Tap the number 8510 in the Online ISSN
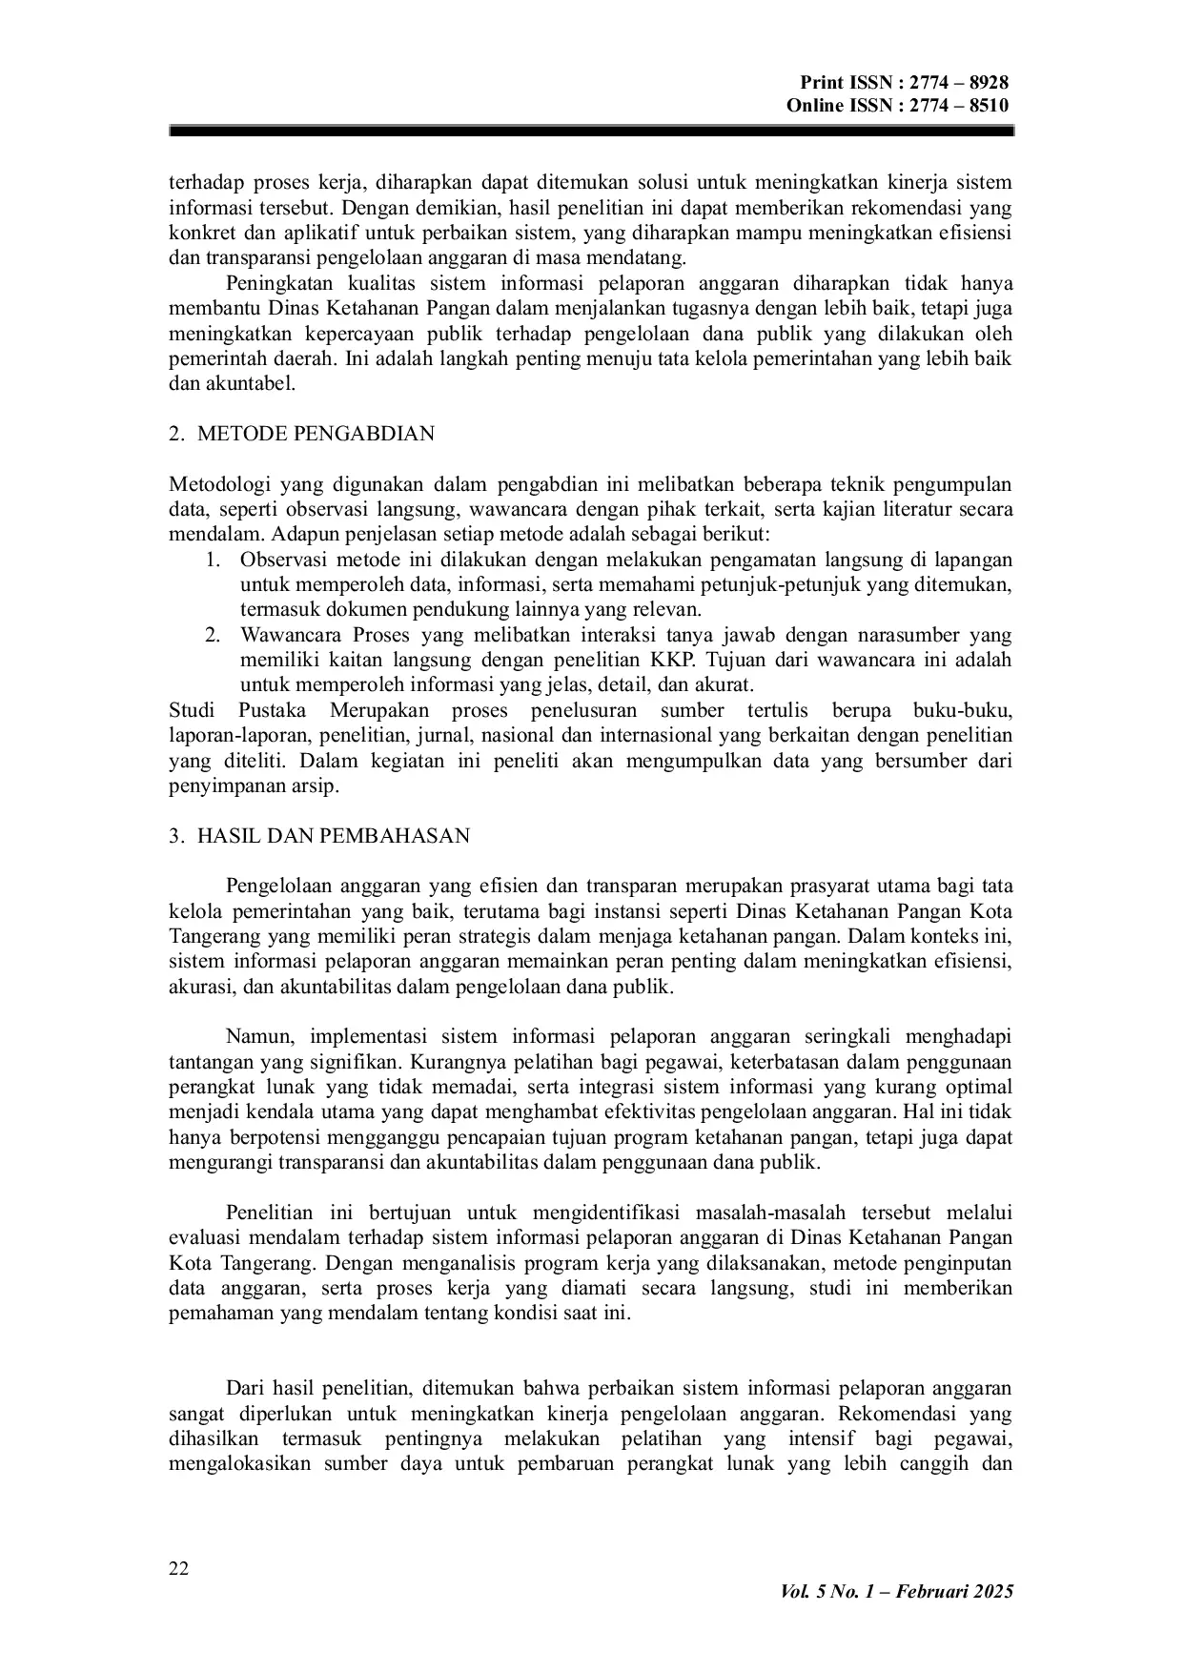[988, 105]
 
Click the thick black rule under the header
[591, 133]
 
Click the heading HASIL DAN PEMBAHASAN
[333, 836]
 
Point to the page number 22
[178, 1569]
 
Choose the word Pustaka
[273, 710]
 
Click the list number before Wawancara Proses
[213, 635]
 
